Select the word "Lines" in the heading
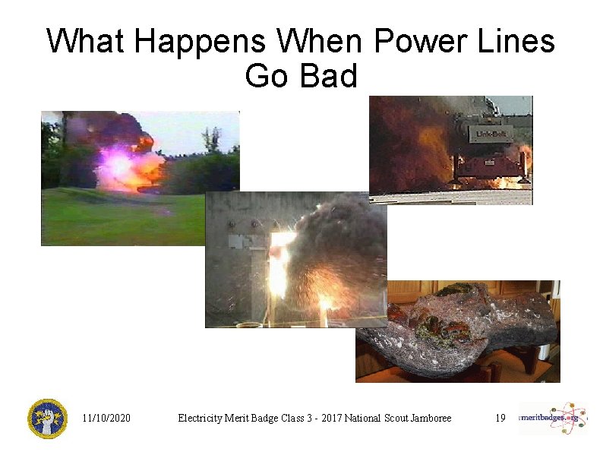click(521, 41)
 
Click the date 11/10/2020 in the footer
click(106, 418)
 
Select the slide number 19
click(500, 418)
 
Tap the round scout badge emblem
click(47, 419)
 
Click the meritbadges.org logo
click(552, 418)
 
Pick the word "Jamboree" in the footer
click(428, 418)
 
